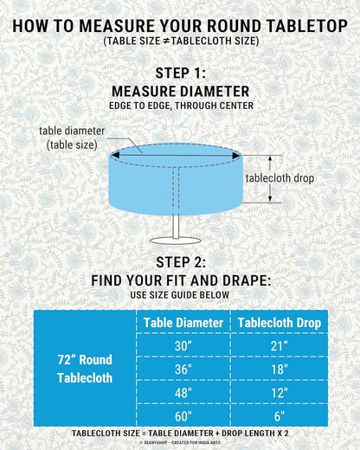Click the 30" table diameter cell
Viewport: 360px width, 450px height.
[x=183, y=345]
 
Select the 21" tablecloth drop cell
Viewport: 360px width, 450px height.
[x=280, y=345]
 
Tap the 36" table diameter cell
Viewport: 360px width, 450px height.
[x=183, y=369]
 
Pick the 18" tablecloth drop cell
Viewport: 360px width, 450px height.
[x=280, y=369]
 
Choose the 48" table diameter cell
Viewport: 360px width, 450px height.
[x=183, y=392]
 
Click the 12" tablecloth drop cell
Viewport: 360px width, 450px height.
[x=280, y=392]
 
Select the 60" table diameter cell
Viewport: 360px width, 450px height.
[x=183, y=415]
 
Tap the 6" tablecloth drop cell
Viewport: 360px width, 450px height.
[x=280, y=415]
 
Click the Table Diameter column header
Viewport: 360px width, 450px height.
[x=183, y=323]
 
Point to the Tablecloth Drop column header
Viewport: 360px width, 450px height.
[x=280, y=323]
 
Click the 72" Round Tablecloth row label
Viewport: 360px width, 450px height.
[x=85, y=369]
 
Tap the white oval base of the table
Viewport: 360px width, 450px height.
[x=176, y=241]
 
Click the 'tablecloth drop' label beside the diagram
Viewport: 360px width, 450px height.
[x=280, y=178]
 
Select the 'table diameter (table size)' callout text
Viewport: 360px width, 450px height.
[x=72, y=138]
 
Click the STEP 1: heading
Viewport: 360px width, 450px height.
[x=181, y=73]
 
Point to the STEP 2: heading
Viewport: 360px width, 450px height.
[x=181, y=262]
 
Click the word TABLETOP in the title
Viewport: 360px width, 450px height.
[x=307, y=26]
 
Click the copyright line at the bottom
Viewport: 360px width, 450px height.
[x=180, y=442]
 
